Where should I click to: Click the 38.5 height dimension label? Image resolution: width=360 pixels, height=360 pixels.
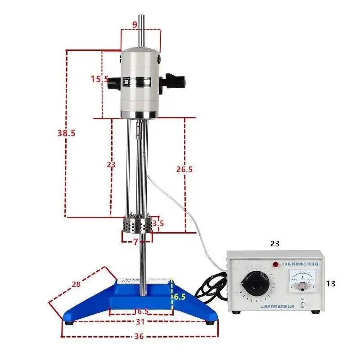click(66, 133)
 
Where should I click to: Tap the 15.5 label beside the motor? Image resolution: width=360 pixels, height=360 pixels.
click(99, 79)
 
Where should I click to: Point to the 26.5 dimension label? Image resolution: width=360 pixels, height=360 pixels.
click(184, 169)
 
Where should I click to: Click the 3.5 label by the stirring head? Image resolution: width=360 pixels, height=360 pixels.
click(158, 223)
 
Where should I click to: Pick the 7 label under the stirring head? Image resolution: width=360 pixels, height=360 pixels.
click(135, 242)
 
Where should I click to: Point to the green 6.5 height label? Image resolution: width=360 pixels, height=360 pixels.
click(180, 297)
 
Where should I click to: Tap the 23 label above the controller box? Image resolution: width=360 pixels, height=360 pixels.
click(274, 243)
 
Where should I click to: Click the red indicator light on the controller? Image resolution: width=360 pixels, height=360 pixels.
click(275, 264)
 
